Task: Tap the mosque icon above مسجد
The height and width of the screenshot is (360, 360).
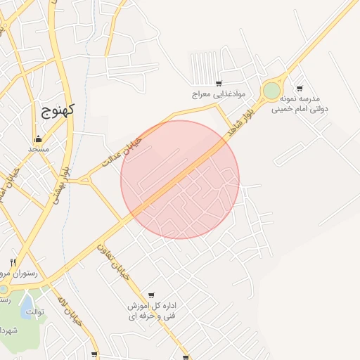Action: pyautogui.click(x=37, y=139)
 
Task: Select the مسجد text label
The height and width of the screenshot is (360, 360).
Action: pyautogui.click(x=37, y=149)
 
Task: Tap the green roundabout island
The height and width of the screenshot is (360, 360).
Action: pyautogui.click(x=271, y=91)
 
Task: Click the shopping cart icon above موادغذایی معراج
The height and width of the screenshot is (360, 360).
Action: pyautogui.click(x=219, y=83)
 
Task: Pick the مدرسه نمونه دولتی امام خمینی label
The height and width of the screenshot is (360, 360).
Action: pyautogui.click(x=304, y=104)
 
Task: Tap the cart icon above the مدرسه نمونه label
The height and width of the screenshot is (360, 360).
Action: pyautogui.click(x=300, y=89)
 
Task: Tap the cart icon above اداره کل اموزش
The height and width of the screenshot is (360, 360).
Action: pyautogui.click(x=151, y=295)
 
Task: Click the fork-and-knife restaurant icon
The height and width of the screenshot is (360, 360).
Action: pyautogui.click(x=13, y=262)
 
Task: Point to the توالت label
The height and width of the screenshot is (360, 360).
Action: pyautogui.click(x=35, y=311)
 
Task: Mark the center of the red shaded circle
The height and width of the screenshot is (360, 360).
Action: pyautogui.click(x=180, y=179)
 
